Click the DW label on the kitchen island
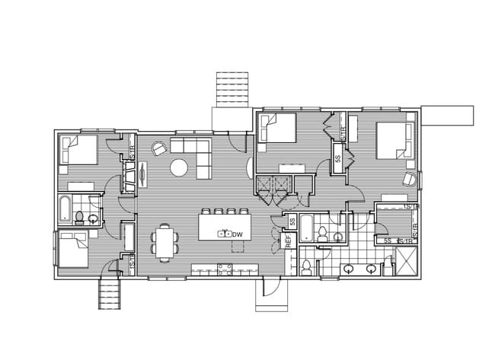click(x=237, y=234)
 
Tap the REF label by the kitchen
click(x=289, y=242)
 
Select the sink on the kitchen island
click(x=224, y=234)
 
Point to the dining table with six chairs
click(x=165, y=241)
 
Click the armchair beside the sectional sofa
click(x=158, y=148)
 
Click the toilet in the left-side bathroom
click(x=78, y=218)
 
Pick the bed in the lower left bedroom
click(x=73, y=249)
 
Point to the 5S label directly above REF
click(x=291, y=222)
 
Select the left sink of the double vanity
click(x=349, y=267)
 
